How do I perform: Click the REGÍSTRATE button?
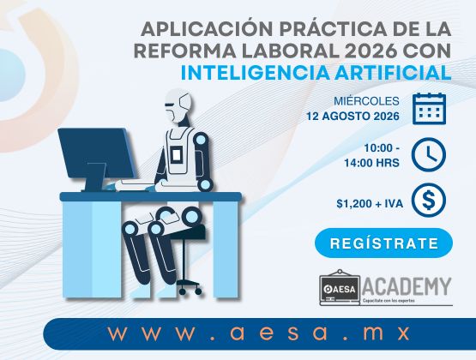(x=383, y=243)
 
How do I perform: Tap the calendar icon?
(x=429, y=109)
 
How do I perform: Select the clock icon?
(x=429, y=154)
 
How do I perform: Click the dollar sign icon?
(x=429, y=201)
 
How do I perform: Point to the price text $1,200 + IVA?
(x=370, y=203)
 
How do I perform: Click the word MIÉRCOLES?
(x=366, y=100)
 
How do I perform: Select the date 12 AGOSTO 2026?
(x=352, y=117)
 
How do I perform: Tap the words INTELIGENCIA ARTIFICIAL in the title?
(x=316, y=73)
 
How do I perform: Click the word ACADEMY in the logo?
(x=407, y=286)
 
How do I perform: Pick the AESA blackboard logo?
(x=340, y=287)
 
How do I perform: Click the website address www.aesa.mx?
(x=259, y=333)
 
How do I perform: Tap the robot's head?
(x=179, y=106)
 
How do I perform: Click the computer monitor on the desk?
(x=96, y=159)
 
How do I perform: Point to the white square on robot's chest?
(x=176, y=154)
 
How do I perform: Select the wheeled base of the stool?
(x=190, y=287)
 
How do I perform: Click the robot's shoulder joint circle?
(x=201, y=141)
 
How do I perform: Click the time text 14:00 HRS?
(x=371, y=163)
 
